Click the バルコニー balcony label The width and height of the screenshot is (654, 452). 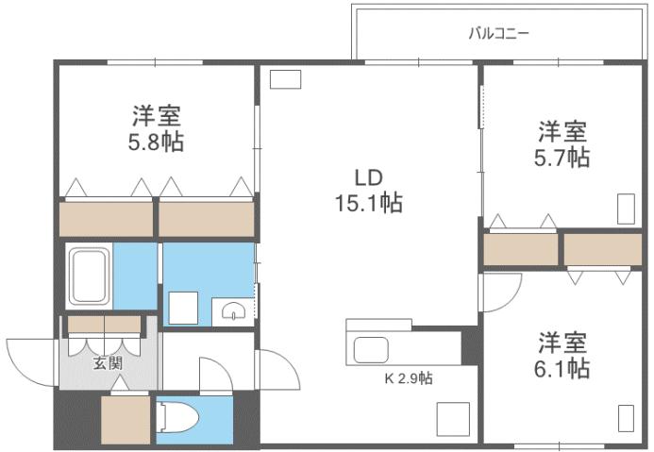[499, 34]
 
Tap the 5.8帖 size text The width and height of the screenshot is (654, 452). [157, 142]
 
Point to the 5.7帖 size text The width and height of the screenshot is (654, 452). [564, 157]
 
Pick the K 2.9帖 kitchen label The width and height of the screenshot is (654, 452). [408, 379]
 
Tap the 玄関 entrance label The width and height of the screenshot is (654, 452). [106, 363]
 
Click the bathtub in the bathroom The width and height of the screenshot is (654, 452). [89, 275]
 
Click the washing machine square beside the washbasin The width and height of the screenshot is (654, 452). [183, 308]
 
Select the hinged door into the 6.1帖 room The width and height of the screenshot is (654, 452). [498, 293]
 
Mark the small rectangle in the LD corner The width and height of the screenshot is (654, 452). [285, 80]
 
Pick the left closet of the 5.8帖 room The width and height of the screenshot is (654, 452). [106, 220]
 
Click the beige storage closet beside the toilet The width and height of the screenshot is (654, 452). [126, 420]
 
